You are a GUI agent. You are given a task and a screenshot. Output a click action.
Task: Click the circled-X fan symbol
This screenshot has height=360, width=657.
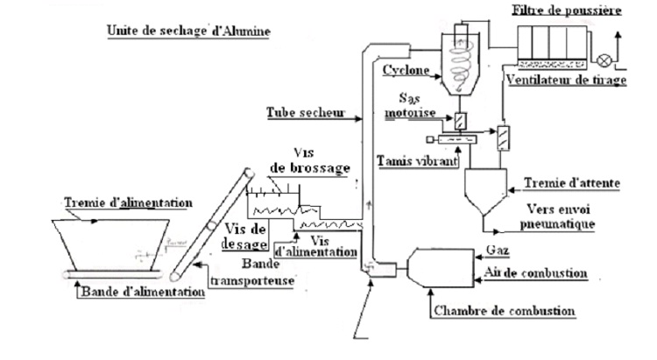coord(603,60)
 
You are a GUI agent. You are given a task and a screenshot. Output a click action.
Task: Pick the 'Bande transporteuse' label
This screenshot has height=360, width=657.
coord(250,271)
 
